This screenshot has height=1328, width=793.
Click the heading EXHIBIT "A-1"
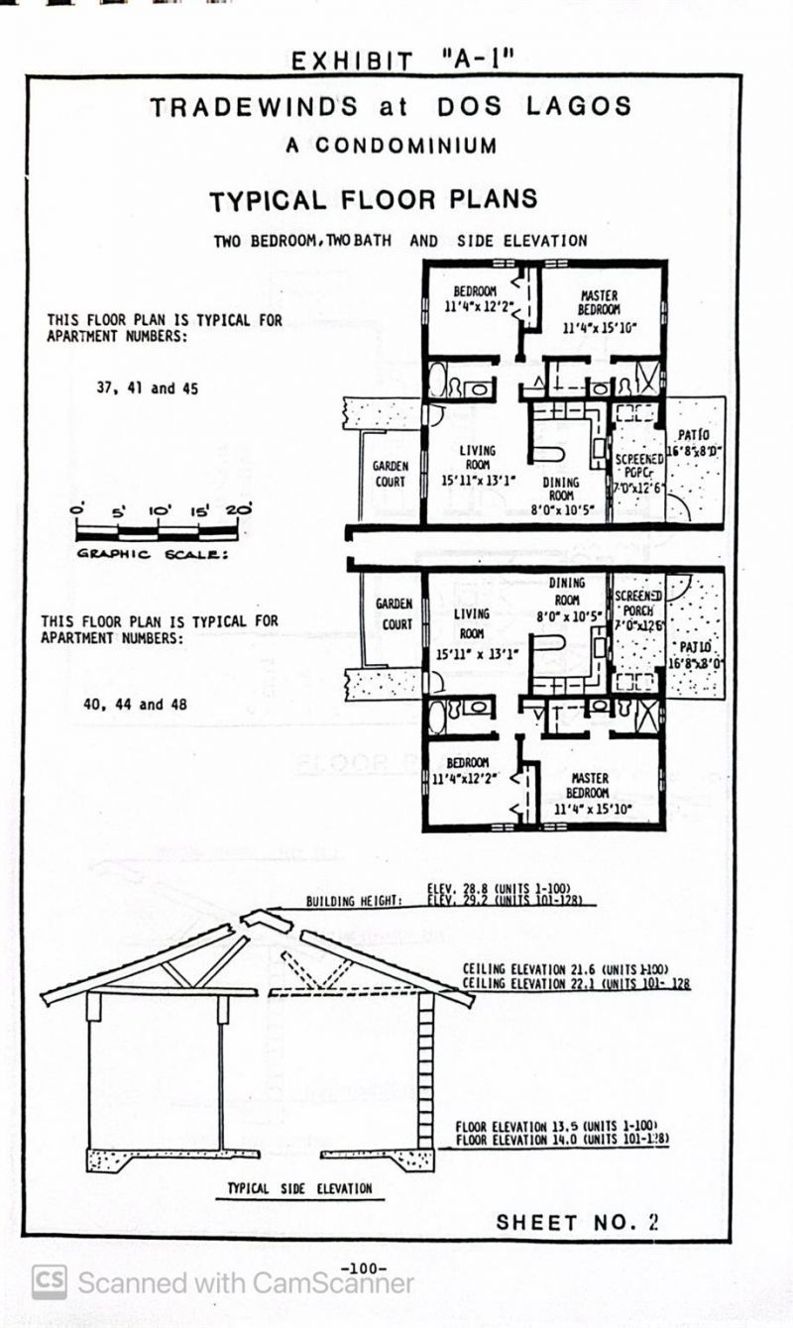click(401, 59)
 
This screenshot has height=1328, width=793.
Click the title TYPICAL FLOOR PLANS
click(373, 199)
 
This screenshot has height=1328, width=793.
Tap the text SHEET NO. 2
click(577, 1222)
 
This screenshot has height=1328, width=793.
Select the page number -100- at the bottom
click(363, 1268)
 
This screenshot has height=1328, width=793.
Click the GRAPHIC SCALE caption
click(153, 554)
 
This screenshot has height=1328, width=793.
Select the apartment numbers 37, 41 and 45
click(147, 388)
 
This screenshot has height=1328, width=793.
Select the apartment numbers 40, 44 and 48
click(135, 705)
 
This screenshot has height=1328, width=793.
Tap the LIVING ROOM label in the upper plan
click(477, 458)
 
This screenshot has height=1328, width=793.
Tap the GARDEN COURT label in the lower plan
click(393, 613)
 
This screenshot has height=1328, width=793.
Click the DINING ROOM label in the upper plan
click(561, 489)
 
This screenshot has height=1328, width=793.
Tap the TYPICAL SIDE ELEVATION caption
click(299, 1188)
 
